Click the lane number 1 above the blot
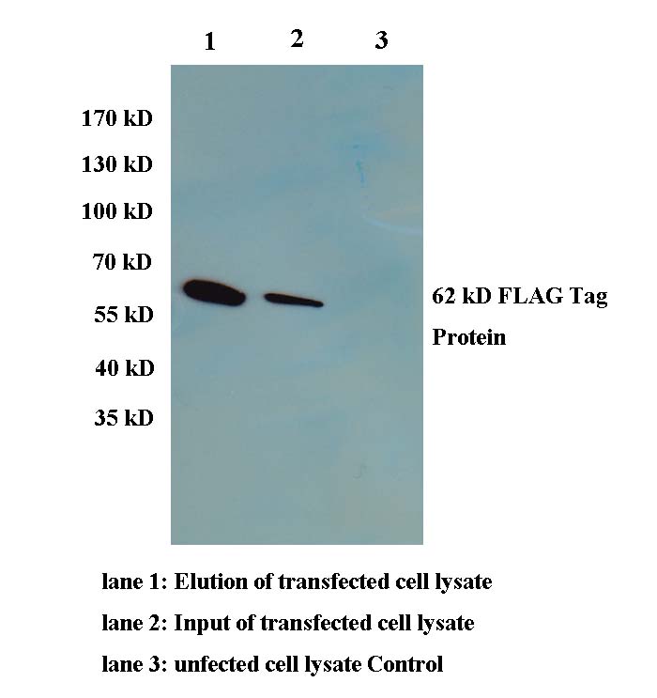click(210, 41)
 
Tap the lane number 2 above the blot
click(298, 39)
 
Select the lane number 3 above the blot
click(381, 39)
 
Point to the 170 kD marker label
click(117, 118)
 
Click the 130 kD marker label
click(117, 164)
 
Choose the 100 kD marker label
click(117, 211)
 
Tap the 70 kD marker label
click(122, 262)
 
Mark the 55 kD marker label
click(124, 315)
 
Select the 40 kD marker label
click(125, 368)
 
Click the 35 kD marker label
click(124, 418)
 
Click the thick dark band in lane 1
click(214, 293)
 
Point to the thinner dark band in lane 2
click(294, 300)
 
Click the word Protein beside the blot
click(469, 337)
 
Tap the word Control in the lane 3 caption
click(405, 664)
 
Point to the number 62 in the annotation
click(444, 296)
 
